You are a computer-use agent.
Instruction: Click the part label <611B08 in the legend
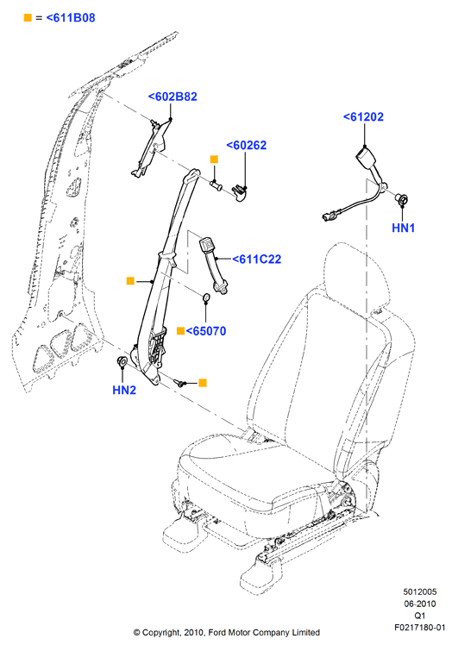tap(71, 18)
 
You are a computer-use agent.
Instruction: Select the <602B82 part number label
tap(173, 97)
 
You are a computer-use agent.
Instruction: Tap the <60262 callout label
tap(246, 146)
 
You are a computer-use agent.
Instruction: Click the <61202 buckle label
tap(363, 116)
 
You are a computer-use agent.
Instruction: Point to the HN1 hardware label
tap(403, 228)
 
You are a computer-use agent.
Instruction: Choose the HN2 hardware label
tap(124, 390)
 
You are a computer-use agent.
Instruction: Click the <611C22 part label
tap(257, 259)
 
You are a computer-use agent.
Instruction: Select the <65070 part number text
tap(206, 331)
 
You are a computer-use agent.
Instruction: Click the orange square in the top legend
tap(28, 17)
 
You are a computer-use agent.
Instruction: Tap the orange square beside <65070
tap(180, 330)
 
